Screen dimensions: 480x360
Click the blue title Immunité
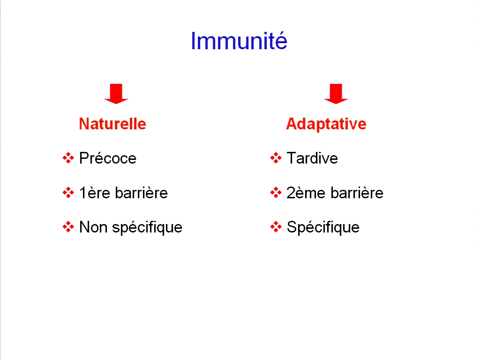239,41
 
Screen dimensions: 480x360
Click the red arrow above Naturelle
116,94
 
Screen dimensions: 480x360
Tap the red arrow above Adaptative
336,94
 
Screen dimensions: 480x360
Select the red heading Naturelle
112,124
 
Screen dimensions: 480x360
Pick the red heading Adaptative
326,124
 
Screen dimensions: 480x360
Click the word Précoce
108,158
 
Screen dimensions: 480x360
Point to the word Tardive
312,158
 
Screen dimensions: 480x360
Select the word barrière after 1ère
142,193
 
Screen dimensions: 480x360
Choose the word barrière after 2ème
357,193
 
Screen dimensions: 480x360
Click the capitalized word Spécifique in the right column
323,228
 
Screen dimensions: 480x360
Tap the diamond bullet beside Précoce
68,158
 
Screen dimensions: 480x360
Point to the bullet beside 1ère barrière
68,193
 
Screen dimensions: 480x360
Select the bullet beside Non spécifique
68,227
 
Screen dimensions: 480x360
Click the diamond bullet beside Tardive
276,158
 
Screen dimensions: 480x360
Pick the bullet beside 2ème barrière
276,193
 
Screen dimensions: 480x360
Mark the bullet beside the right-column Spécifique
276,227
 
